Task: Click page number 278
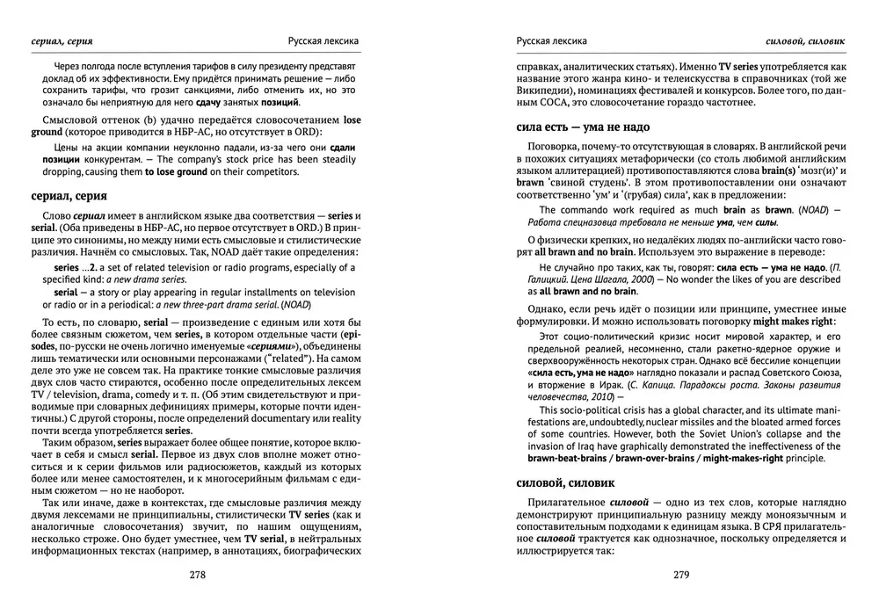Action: (x=197, y=576)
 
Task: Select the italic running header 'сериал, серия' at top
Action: (x=62, y=40)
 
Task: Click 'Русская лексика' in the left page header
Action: (x=323, y=40)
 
